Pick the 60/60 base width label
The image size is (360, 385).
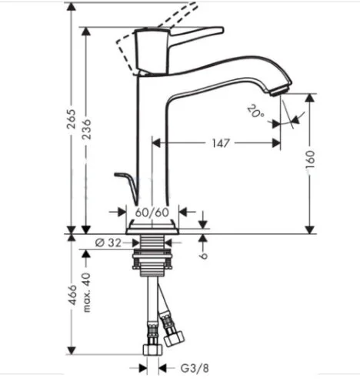(x=153, y=212)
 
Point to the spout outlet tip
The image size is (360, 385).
(x=284, y=86)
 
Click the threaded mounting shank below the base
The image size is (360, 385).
(x=153, y=254)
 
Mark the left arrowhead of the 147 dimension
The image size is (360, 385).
(x=157, y=142)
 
